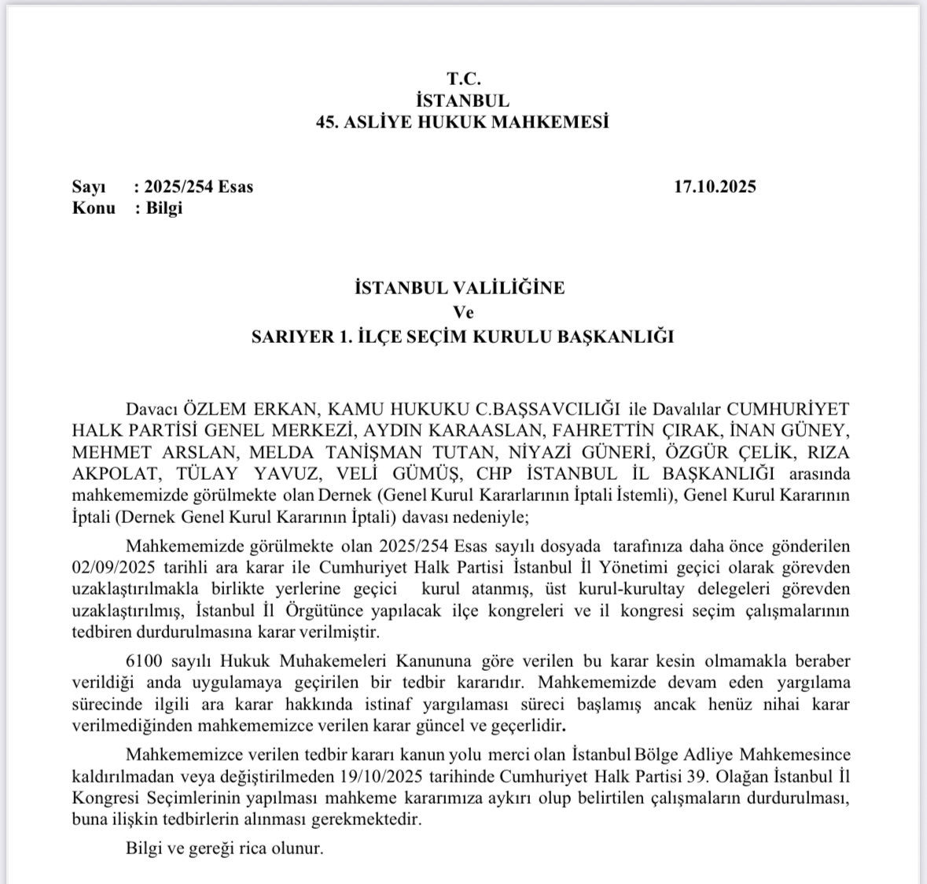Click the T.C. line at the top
coord(463,79)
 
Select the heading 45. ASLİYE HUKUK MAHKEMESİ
coord(463,123)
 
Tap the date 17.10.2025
coord(715,187)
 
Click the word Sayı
coord(88,187)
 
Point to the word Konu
coord(94,208)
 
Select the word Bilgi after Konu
coord(164,208)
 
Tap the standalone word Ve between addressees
coord(463,311)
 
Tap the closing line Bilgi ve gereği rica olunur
coord(224,849)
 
